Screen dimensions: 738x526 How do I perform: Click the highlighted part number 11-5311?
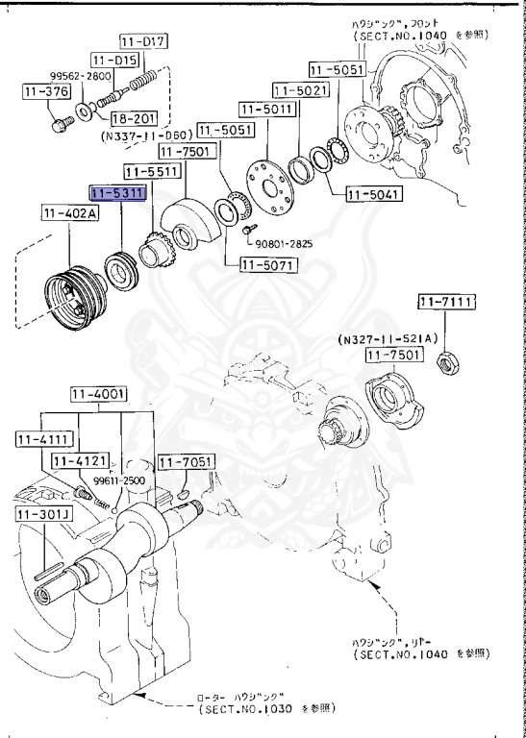click(x=118, y=193)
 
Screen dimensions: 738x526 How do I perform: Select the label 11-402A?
click(x=68, y=214)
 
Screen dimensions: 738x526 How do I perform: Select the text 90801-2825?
click(x=287, y=243)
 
